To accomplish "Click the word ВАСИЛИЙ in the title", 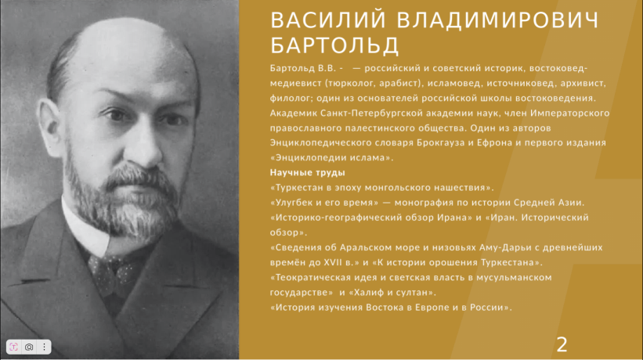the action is (x=328, y=20).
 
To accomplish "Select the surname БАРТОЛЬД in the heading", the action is (x=334, y=45).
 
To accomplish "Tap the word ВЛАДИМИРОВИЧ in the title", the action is (x=498, y=20).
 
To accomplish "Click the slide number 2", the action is (x=562, y=345).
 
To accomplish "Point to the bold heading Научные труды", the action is (x=308, y=173).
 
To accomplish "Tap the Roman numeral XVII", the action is (x=333, y=262).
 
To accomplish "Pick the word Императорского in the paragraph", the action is (x=570, y=113).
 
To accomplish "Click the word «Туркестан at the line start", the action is (x=297, y=188).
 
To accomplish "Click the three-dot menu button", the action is (x=45, y=347).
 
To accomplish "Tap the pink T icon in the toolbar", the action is (x=13, y=347).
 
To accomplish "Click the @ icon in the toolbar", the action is (x=29, y=347).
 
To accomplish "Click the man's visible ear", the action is (x=51, y=127).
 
